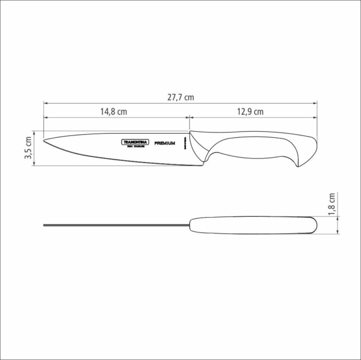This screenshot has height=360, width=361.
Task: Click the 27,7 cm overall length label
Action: [180, 97]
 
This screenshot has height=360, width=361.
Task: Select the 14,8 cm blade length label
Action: [114, 111]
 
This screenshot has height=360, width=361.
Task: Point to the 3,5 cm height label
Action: [28, 148]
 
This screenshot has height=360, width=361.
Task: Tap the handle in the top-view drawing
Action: [253, 225]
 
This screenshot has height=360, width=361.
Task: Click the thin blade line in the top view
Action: [114, 226]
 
